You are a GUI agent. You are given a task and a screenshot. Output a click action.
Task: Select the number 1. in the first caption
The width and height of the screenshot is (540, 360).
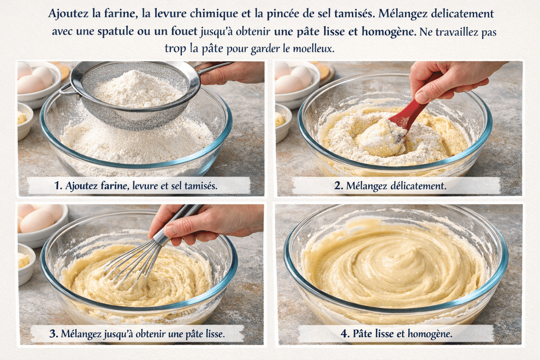58,186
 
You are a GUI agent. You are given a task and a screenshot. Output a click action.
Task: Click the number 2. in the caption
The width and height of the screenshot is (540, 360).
338,186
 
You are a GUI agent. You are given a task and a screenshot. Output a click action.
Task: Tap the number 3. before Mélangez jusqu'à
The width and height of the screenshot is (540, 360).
53,334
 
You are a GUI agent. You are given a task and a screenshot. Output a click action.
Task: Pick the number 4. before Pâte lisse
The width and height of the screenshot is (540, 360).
345,334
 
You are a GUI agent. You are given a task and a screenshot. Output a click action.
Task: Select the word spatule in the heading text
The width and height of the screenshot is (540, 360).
115,32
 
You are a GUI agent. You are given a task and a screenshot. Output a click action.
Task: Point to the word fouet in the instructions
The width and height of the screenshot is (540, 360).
184,32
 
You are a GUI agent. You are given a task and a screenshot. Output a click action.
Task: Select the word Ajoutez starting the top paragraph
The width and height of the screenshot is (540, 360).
69,14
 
